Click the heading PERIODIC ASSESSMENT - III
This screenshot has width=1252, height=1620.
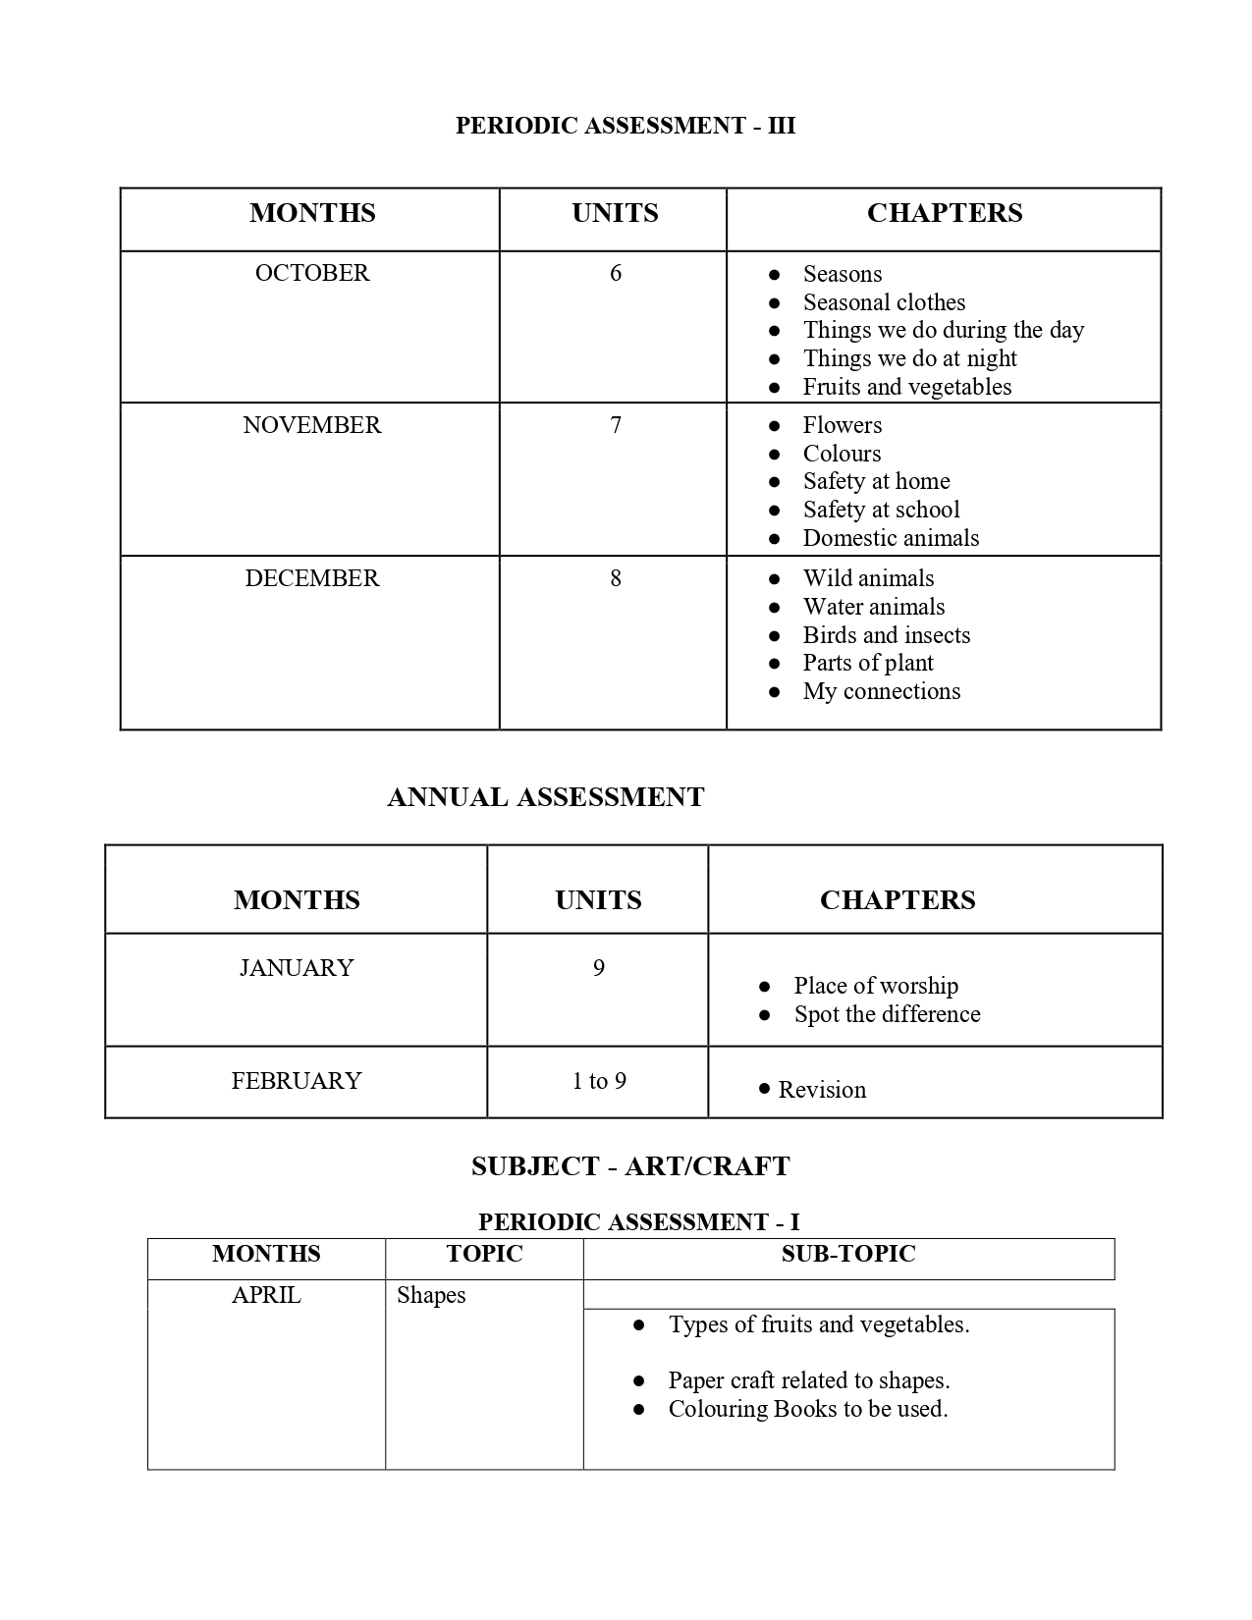(626, 126)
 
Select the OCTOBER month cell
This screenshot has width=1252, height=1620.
(312, 273)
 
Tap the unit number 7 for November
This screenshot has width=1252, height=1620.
(616, 425)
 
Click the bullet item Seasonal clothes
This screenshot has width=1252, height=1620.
(884, 302)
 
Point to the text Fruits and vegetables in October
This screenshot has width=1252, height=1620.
(906, 387)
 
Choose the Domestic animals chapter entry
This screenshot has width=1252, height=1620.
(891, 538)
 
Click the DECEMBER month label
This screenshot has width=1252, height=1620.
(312, 578)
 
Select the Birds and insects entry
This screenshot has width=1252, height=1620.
(886, 635)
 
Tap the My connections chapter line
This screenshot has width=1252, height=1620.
(881, 691)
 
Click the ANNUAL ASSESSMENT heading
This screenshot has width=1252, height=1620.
(546, 797)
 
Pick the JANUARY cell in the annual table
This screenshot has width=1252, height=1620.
(297, 968)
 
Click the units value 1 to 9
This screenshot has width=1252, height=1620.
(599, 1081)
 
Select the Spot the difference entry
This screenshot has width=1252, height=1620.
(887, 1014)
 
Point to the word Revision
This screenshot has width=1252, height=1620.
(822, 1090)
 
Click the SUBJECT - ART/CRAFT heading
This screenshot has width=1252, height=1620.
(630, 1166)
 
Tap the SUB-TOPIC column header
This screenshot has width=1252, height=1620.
(848, 1254)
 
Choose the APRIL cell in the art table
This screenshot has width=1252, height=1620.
(266, 1295)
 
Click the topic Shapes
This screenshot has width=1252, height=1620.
(431, 1295)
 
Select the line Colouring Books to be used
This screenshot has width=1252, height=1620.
(807, 1409)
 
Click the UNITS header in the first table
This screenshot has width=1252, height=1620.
(615, 213)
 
